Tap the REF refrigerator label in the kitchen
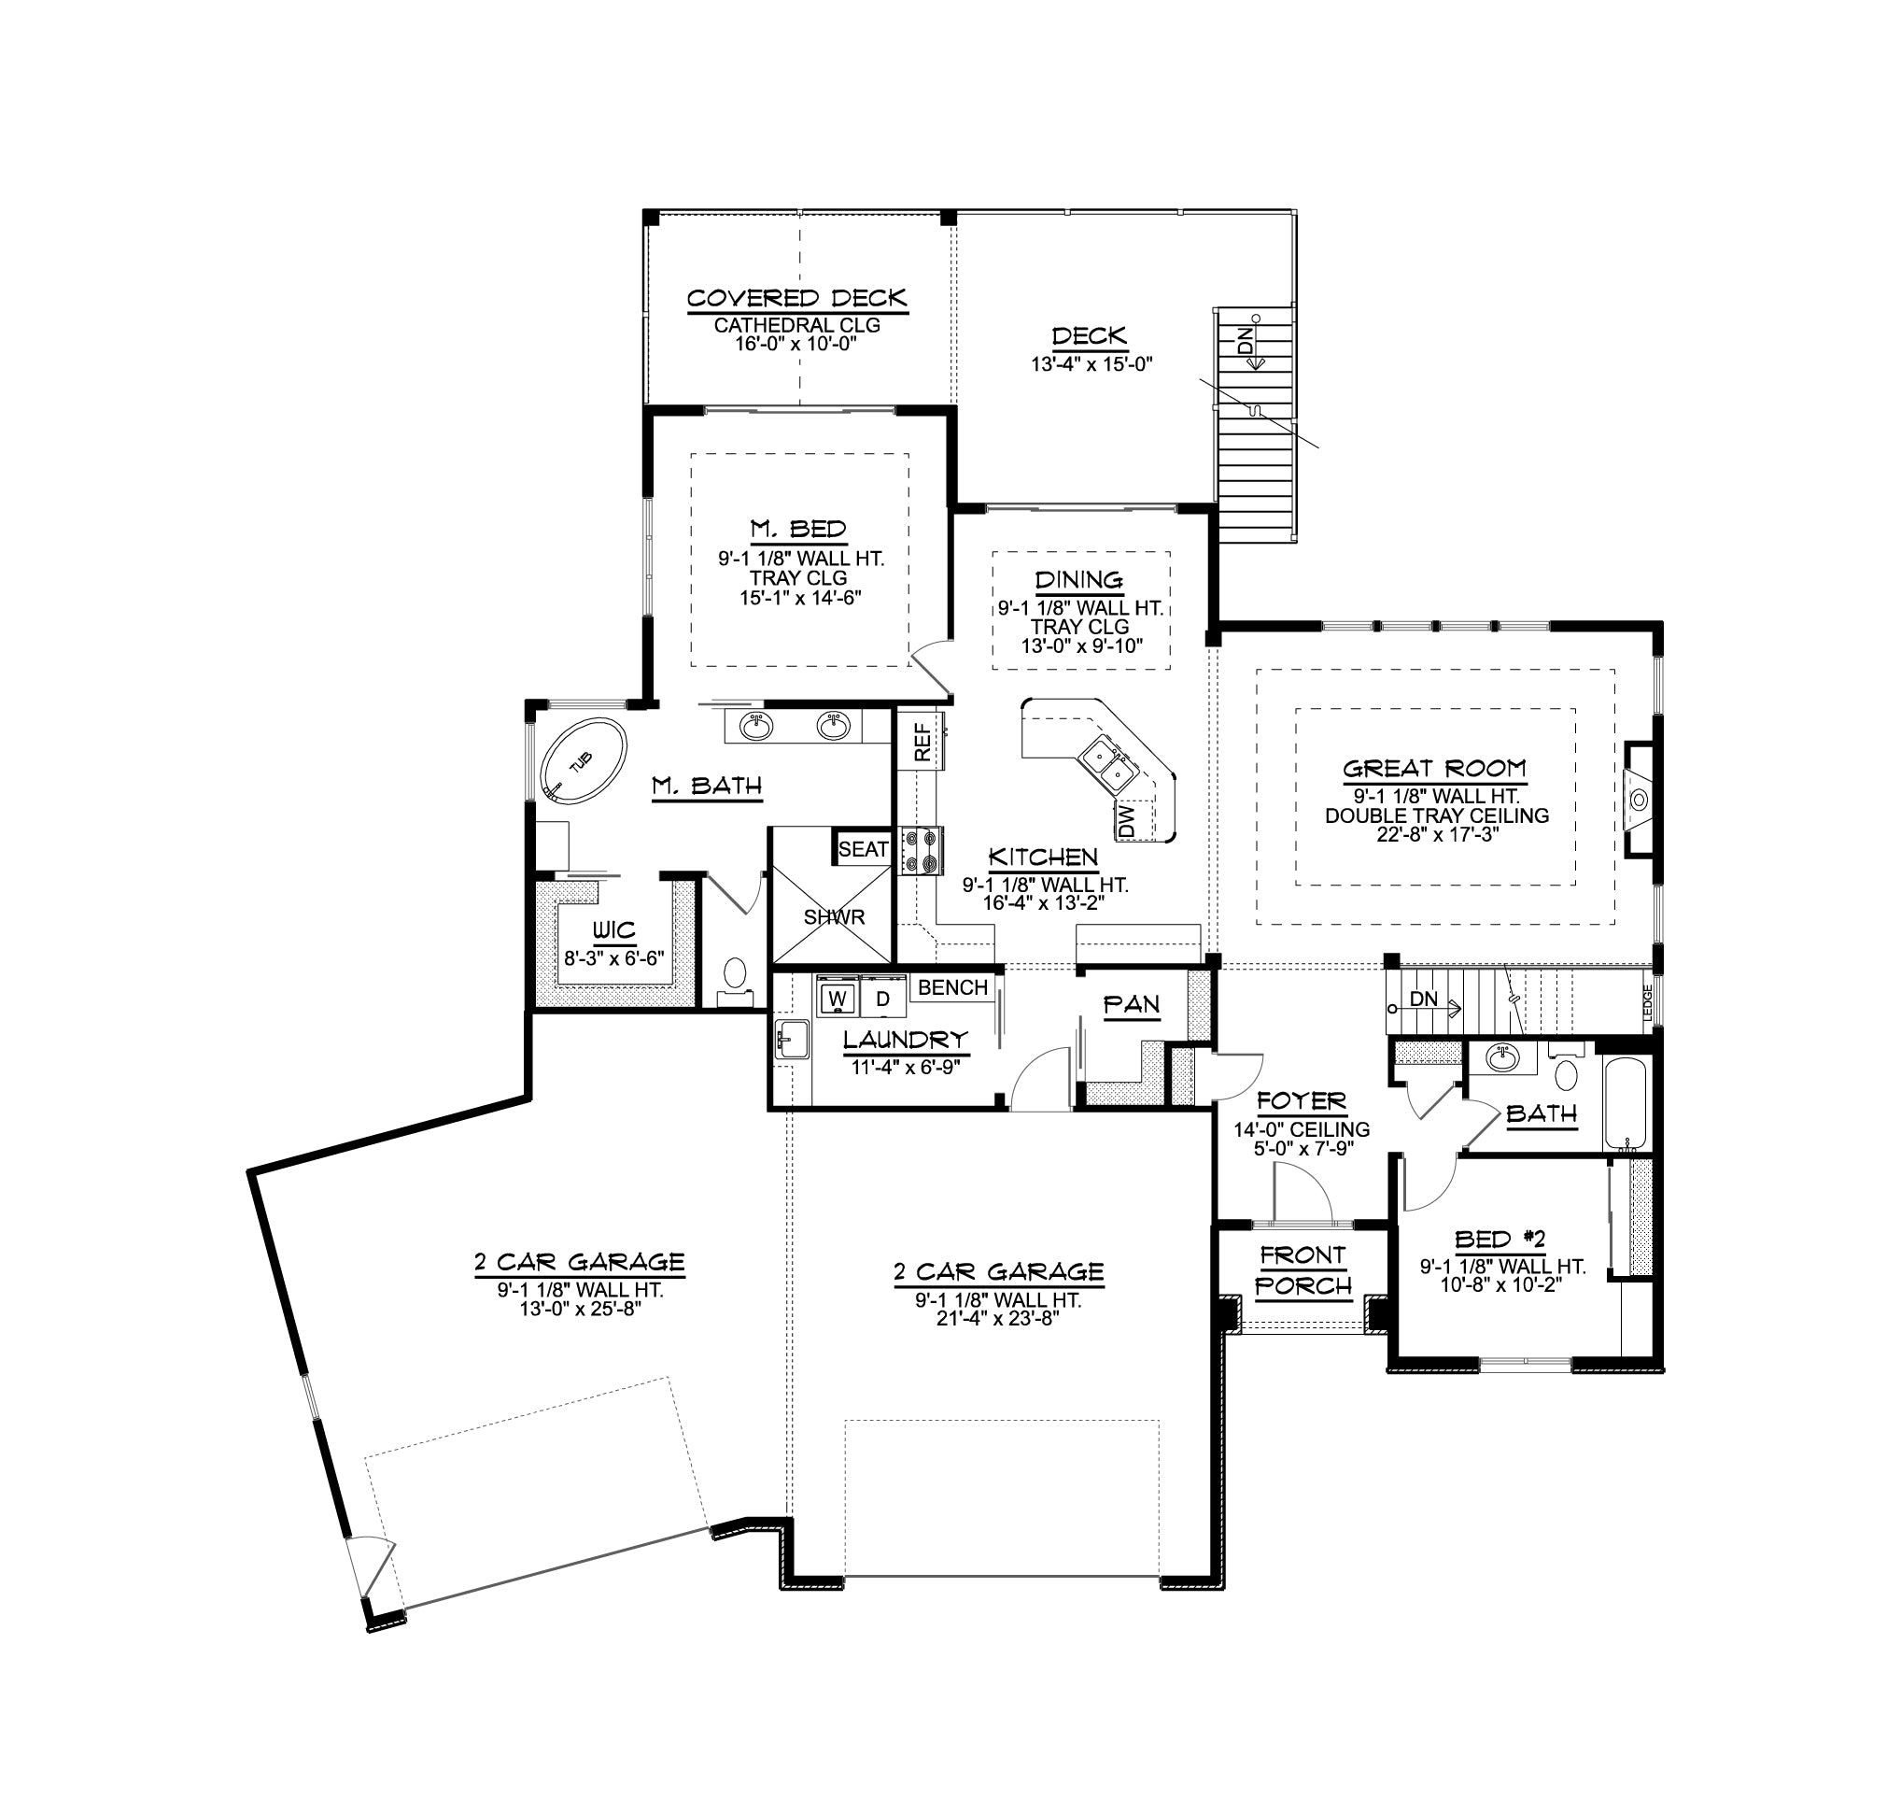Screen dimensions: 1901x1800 tap(922, 742)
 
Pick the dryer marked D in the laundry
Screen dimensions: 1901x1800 tap(882, 998)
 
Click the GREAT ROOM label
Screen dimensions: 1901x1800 tap(1435, 769)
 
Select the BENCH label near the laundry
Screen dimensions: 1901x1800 tap(952, 987)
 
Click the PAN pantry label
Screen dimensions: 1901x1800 tap(1132, 1004)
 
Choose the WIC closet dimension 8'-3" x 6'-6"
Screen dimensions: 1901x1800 tap(613, 957)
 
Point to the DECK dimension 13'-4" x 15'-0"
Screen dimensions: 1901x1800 tap(1091, 363)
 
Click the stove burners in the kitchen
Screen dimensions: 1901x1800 tap(922, 850)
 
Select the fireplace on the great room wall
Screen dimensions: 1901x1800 tap(1640, 798)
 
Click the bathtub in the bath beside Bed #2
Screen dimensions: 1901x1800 tap(1626, 1103)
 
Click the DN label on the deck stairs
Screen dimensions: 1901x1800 tap(1245, 342)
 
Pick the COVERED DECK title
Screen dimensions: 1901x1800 tap(797, 298)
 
